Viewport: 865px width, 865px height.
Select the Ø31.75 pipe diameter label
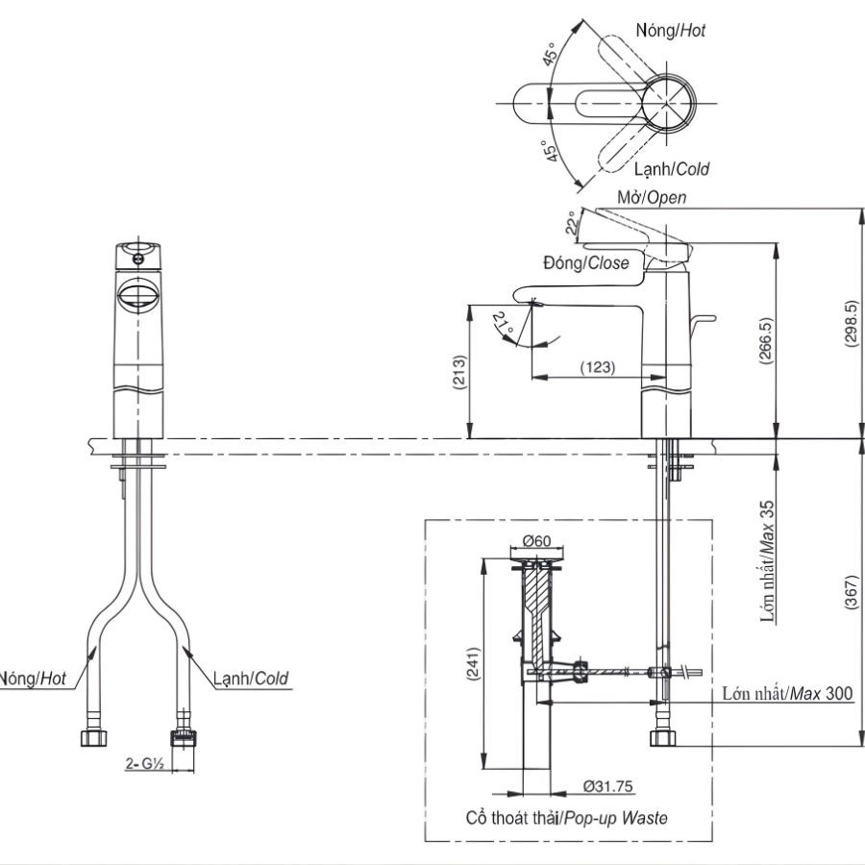point(607,786)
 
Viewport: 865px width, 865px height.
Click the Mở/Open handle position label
point(652,198)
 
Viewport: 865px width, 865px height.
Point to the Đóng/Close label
point(585,262)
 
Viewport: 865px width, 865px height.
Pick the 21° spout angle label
point(503,322)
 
